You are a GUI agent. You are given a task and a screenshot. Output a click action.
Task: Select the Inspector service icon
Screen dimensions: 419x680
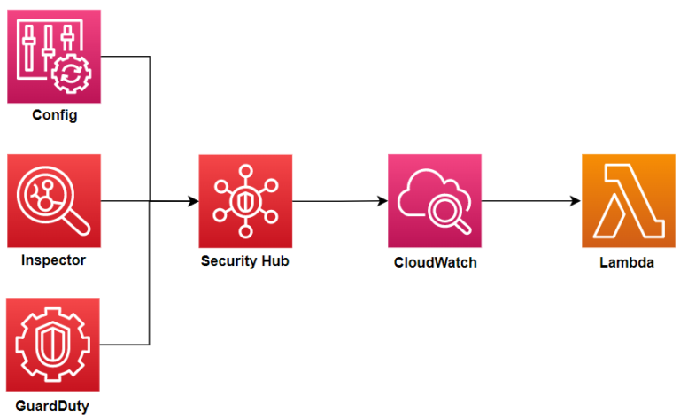click(54, 201)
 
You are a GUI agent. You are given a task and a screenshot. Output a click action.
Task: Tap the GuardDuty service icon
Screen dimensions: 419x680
click(54, 345)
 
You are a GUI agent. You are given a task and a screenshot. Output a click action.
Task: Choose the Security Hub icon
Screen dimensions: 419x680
click(245, 201)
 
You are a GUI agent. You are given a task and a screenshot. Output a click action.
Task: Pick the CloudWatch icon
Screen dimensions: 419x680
click(435, 201)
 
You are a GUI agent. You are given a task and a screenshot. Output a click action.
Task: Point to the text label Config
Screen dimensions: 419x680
click(54, 116)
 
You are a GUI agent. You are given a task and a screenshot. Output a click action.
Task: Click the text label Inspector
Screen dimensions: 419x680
click(54, 261)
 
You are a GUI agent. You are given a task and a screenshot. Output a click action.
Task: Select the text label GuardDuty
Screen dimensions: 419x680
click(54, 406)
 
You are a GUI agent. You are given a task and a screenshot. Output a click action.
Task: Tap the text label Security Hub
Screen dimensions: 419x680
click(245, 261)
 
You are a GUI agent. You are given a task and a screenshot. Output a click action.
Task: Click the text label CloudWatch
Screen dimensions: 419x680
click(435, 262)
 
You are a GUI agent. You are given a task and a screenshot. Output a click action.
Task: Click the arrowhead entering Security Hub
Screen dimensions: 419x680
click(193, 202)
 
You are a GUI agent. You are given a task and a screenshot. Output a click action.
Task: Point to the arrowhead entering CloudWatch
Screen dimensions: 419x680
click(382, 202)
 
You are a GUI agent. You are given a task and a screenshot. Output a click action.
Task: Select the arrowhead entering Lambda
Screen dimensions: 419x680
click(576, 202)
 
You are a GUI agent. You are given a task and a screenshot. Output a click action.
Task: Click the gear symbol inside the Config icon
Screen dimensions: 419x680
click(69, 74)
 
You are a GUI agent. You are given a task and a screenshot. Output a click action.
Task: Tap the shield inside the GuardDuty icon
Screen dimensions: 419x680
click(54, 345)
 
